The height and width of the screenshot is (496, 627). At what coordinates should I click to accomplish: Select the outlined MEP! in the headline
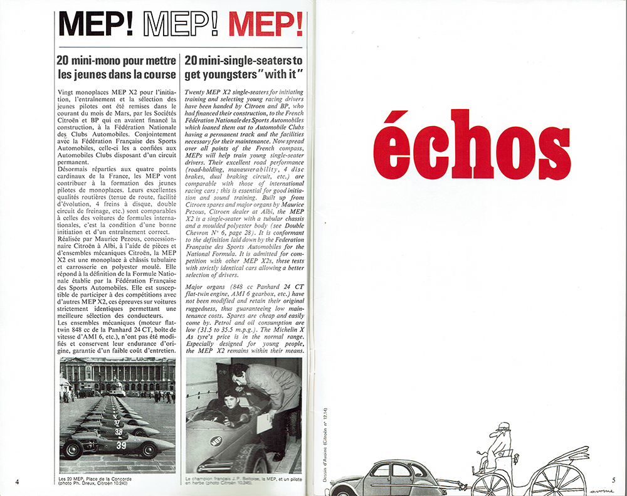[181, 23]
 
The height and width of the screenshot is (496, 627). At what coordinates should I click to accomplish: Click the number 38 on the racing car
[119, 432]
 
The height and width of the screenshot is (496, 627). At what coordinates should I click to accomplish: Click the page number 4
[18, 482]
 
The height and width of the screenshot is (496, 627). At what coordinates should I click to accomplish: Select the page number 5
[613, 481]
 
